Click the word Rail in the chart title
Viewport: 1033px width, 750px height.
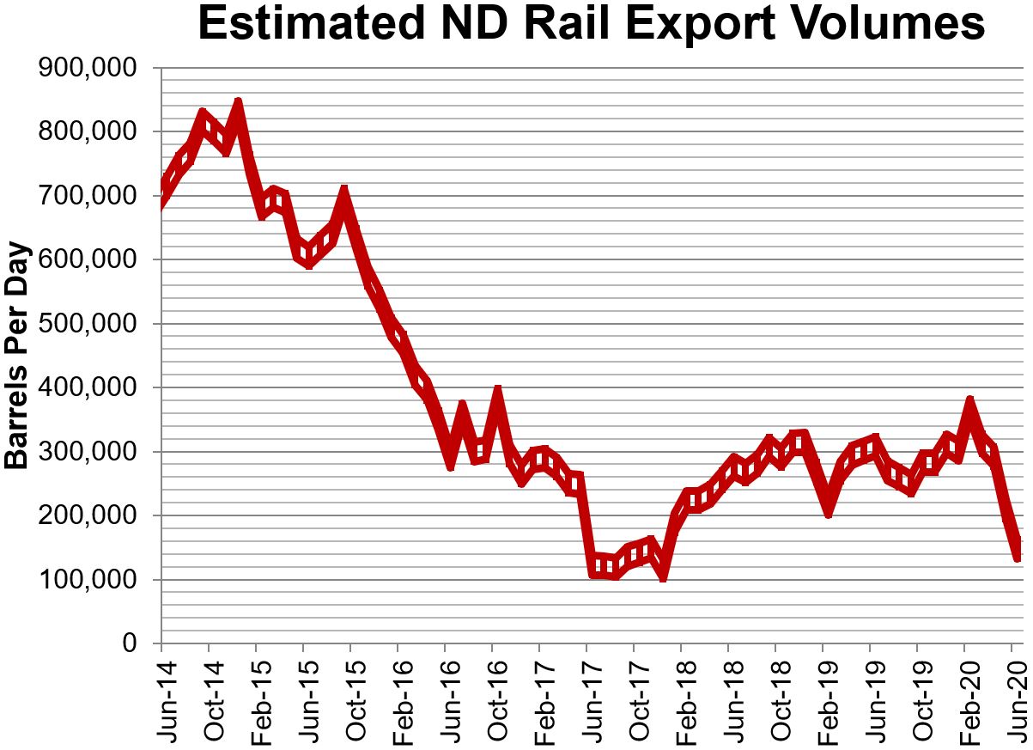[x=564, y=26]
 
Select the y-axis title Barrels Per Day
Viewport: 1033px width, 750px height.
[x=17, y=356]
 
